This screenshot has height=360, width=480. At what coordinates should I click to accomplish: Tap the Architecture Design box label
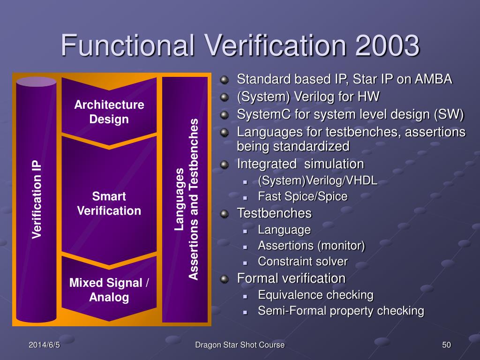109,112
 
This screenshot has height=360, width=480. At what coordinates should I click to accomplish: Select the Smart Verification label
109,203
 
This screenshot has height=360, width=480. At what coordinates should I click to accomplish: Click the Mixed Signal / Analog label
109,290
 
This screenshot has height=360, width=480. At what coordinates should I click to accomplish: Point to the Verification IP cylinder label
37,200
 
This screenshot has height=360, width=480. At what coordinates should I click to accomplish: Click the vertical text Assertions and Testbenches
194,200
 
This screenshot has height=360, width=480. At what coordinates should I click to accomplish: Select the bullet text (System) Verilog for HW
308,97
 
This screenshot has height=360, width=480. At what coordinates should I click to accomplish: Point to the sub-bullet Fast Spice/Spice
302,196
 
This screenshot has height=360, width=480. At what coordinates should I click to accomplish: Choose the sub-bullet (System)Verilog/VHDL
317,181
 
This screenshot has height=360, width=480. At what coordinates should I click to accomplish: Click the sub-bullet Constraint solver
302,261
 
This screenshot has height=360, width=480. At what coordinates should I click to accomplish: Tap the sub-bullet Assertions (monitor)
311,245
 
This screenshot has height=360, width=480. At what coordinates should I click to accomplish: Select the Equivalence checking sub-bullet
315,295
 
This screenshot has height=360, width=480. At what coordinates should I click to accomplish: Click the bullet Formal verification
291,278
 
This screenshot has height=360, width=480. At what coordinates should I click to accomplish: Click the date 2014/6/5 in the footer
45,345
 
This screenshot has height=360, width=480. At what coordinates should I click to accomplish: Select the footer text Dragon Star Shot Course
240,345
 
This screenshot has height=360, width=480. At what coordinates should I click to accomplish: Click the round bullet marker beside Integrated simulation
225,164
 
